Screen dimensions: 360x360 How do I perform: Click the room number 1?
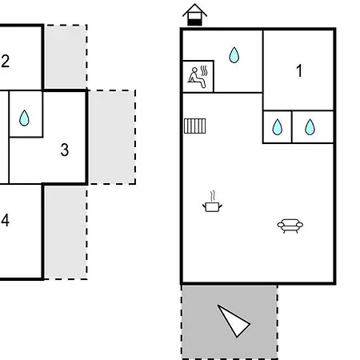(299, 70)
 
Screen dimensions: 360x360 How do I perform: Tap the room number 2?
(5, 61)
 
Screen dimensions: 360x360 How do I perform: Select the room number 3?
(65, 150)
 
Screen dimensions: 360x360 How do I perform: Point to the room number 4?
(5, 220)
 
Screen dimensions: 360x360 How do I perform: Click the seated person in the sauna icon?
(197, 78)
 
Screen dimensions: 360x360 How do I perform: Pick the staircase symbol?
(195, 126)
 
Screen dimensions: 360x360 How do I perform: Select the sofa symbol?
(290, 226)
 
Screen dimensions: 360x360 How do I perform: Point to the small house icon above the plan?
(194, 14)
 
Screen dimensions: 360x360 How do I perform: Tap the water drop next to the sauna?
(234, 55)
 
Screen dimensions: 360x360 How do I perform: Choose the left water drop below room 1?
(278, 127)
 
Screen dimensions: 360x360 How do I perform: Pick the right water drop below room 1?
(310, 127)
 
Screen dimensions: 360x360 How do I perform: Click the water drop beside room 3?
(24, 118)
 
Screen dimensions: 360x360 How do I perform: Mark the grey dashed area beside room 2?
(66, 56)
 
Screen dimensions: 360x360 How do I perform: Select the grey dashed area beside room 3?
(112, 137)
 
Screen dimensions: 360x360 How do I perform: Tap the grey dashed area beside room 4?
(66, 232)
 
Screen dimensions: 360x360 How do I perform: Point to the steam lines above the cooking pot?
(213, 196)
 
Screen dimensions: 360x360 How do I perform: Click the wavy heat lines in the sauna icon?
(204, 70)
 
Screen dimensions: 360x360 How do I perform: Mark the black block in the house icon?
(194, 22)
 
